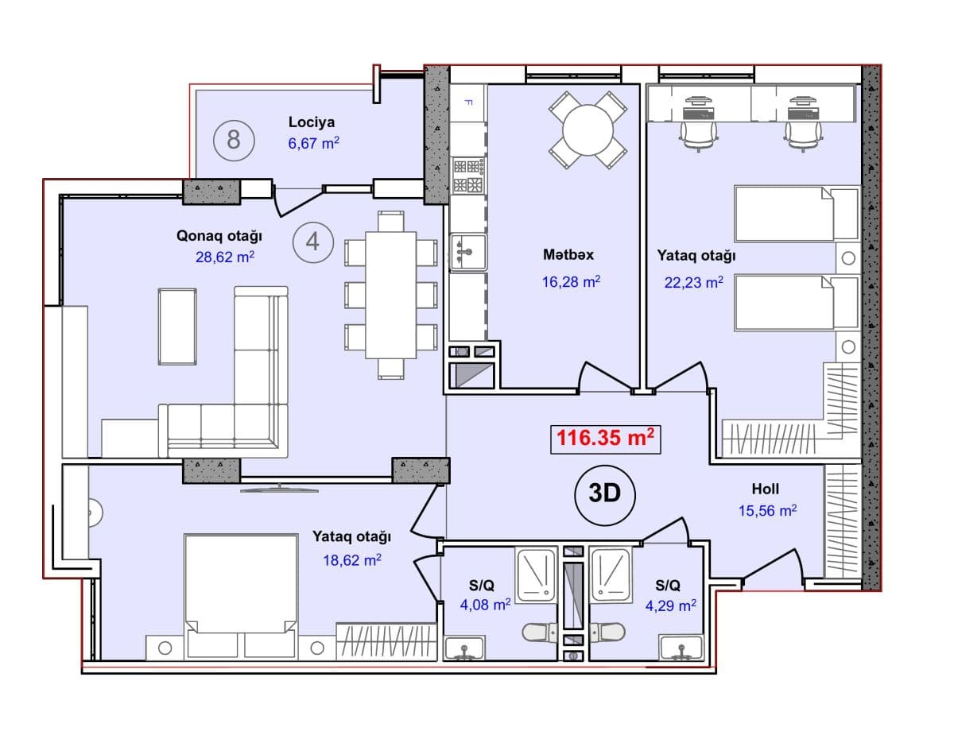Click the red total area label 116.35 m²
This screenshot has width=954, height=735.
606,439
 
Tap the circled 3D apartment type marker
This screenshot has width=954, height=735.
604,495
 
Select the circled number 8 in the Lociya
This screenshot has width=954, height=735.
234,141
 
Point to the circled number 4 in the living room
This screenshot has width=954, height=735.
312,242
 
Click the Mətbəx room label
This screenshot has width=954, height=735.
568,254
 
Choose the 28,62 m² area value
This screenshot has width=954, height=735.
225,257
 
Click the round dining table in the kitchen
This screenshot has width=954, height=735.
588,130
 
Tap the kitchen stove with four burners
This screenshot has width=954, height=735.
468,176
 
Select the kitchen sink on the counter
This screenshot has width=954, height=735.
468,251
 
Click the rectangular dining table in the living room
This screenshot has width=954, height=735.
390,295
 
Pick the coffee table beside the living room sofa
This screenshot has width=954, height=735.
177,327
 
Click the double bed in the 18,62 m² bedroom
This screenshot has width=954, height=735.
241,596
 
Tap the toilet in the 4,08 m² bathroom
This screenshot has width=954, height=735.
540,632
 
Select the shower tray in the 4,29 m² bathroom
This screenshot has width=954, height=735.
611,575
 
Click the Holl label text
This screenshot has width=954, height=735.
766,489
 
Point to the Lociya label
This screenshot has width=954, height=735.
312,122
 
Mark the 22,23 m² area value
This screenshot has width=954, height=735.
693,282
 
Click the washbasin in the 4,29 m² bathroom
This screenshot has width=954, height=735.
681,648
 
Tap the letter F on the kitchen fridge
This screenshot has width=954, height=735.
468,103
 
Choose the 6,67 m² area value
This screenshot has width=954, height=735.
313,143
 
